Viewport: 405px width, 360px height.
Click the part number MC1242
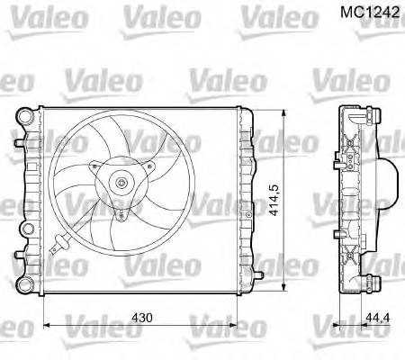point(369,15)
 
